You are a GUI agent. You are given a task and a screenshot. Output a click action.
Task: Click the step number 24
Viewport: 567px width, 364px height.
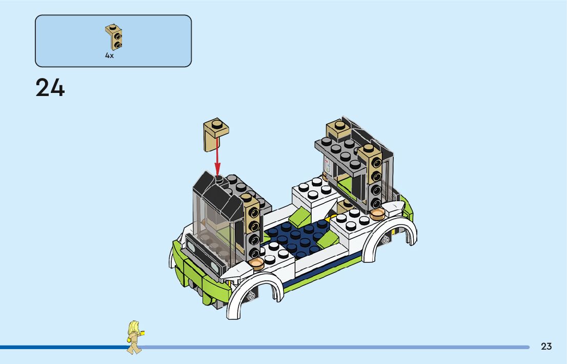[50, 88]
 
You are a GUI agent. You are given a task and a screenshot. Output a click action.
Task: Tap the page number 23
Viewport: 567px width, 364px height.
[546, 347]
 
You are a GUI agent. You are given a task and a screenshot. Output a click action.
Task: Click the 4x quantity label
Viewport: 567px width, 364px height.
[109, 55]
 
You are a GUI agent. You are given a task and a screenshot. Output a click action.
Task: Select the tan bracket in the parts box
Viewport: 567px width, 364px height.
[114, 37]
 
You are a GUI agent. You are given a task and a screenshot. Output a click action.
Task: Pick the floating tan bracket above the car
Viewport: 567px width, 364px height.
[215, 134]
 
